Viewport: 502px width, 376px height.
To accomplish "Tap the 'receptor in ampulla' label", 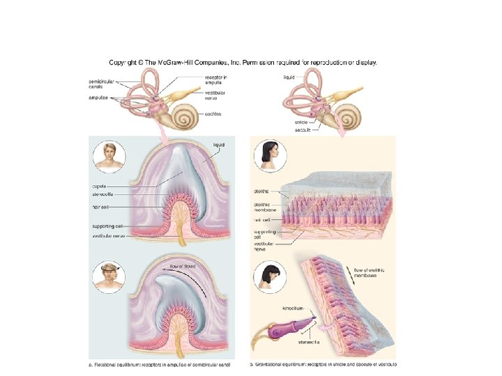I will tap(215, 81).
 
